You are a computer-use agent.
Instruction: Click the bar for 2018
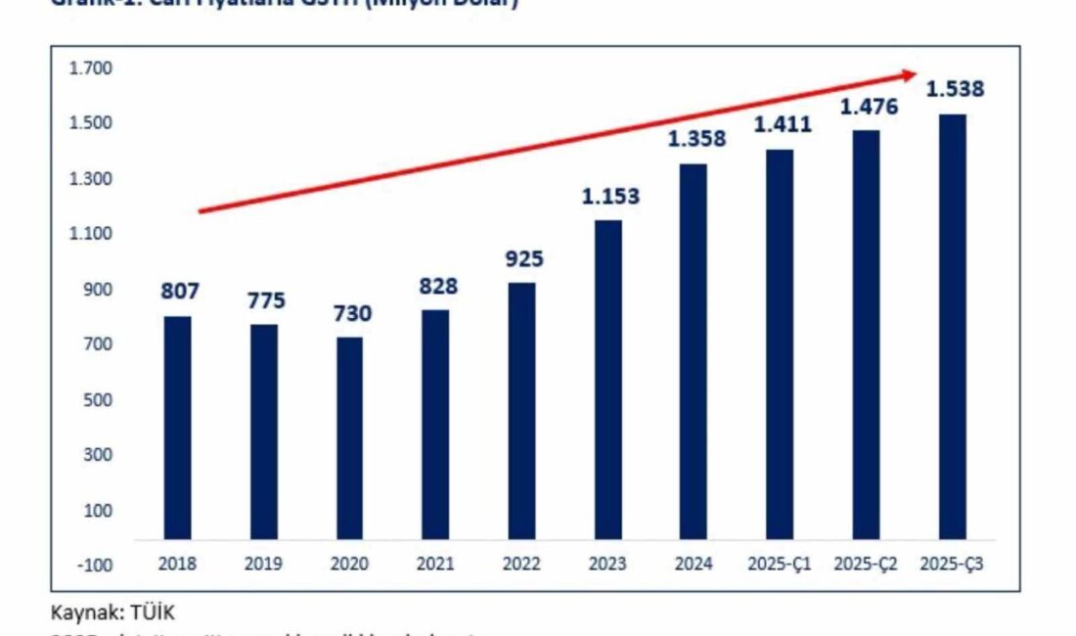(177, 428)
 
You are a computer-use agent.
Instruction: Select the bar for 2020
(350, 438)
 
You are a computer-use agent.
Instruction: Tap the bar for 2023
(608, 380)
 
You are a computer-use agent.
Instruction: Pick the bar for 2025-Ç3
(953, 327)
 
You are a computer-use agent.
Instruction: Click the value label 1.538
(955, 90)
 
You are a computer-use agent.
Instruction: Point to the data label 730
(352, 313)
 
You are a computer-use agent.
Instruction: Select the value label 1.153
(610, 196)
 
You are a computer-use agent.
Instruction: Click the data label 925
(523, 259)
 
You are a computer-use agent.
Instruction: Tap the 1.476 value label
(869, 106)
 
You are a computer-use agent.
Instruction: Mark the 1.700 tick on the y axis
(91, 68)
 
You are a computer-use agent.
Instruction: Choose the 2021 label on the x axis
(436, 565)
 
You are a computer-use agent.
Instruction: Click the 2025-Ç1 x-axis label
(781, 565)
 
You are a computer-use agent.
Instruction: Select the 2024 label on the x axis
(694, 565)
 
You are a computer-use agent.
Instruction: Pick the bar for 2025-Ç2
(866, 335)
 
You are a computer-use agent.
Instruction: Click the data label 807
(178, 292)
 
